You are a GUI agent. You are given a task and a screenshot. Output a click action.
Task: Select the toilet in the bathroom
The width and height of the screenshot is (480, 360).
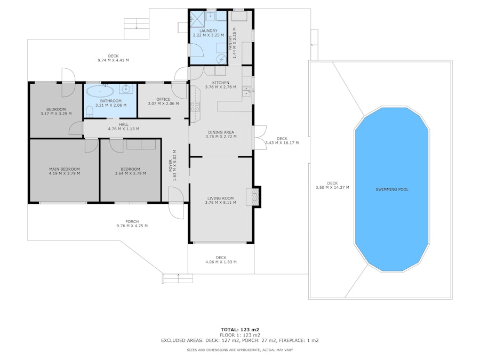(89, 110)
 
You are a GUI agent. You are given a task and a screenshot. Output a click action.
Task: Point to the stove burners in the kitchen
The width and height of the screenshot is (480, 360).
(195, 106)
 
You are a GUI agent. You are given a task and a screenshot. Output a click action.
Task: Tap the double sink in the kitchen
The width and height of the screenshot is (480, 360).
(246, 91)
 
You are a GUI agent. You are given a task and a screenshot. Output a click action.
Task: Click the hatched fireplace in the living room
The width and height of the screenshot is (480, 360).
(256, 196)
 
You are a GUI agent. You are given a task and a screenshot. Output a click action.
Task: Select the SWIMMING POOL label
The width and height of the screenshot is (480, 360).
(392, 189)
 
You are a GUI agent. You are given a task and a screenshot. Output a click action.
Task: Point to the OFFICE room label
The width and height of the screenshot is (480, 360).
(163, 99)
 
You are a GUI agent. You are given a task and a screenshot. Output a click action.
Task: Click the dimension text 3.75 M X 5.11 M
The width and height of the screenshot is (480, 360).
(221, 203)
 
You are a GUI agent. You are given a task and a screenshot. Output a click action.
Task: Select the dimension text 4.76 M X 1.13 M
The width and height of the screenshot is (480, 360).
(109, 129)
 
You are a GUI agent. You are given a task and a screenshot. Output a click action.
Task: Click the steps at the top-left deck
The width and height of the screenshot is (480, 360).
(136, 24)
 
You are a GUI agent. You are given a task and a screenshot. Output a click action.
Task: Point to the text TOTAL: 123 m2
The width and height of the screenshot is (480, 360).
(240, 330)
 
